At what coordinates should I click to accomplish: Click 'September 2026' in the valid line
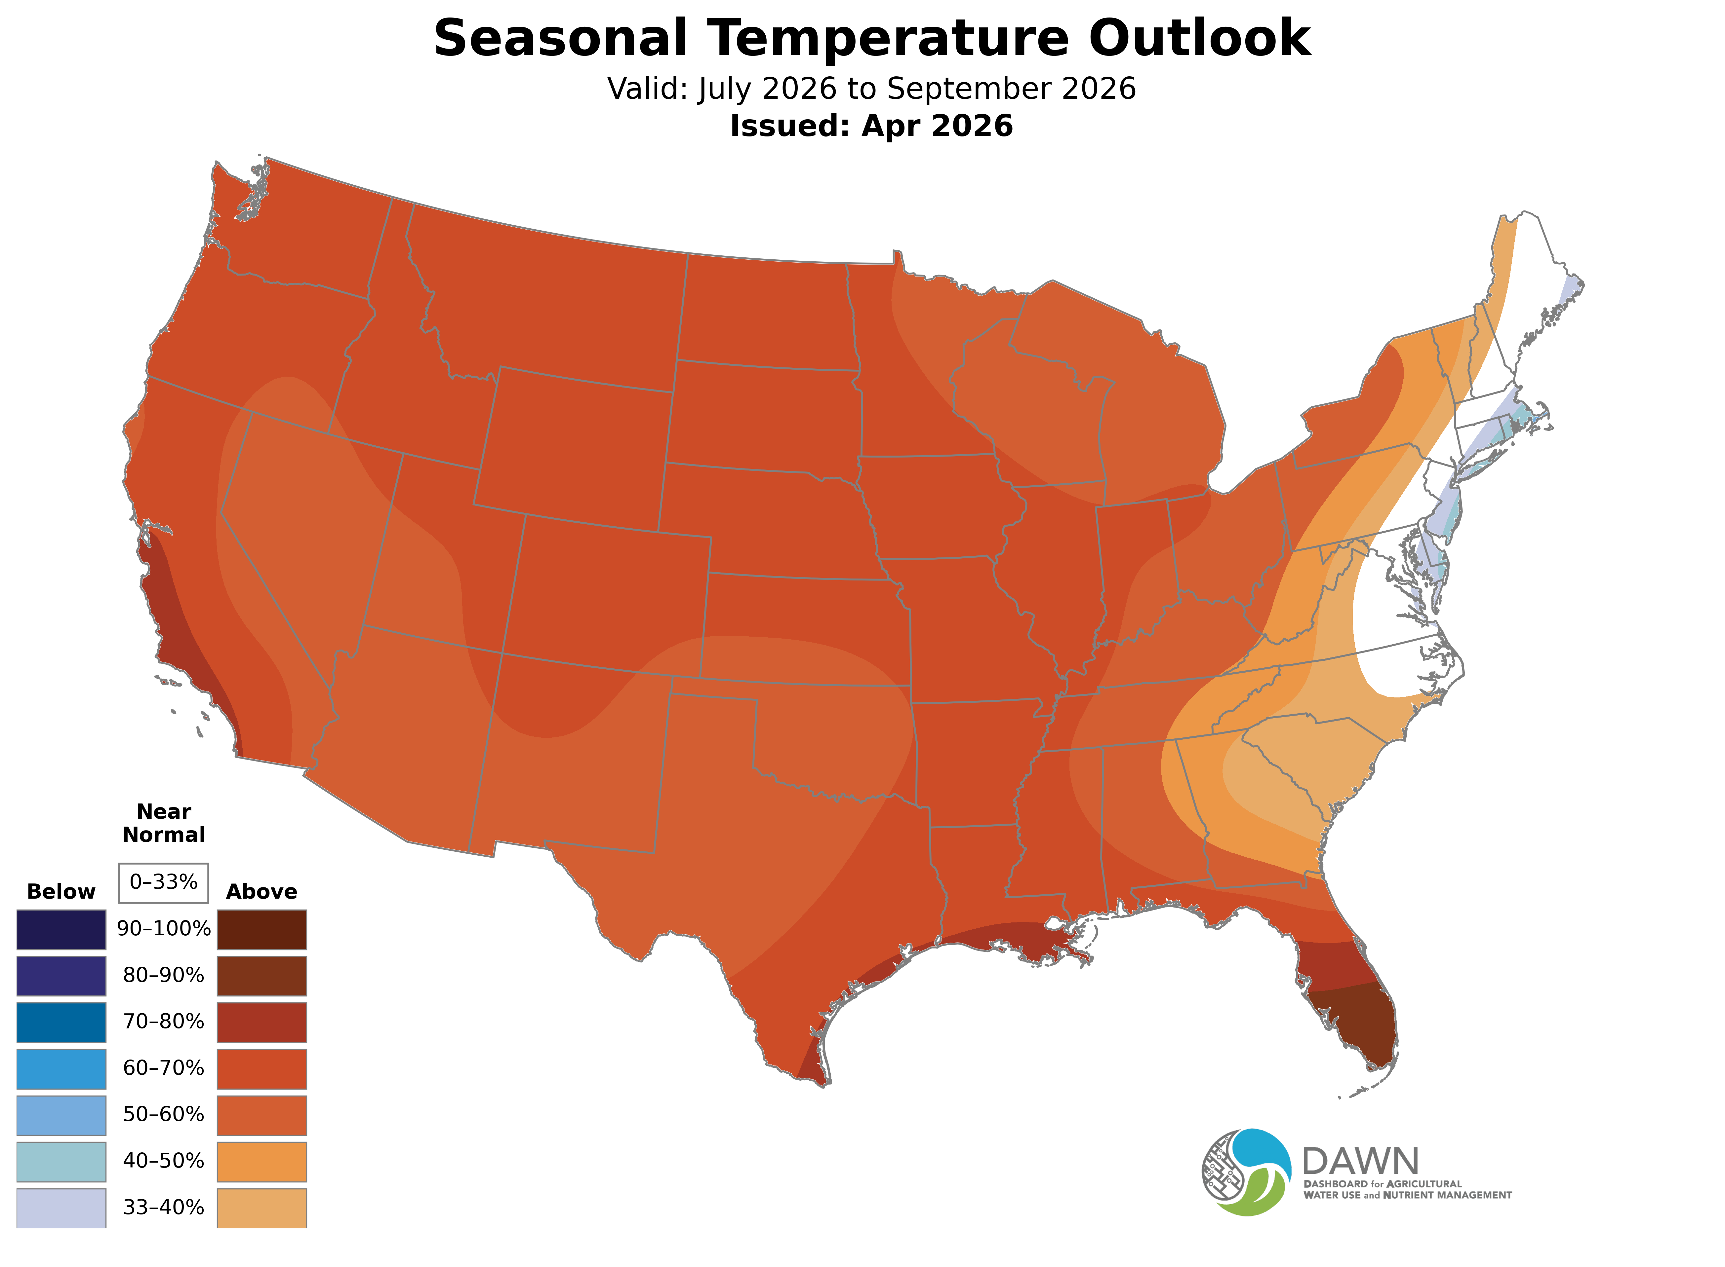(1011, 89)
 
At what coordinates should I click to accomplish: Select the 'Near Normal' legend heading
(163, 823)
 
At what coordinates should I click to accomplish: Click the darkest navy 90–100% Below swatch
(61, 930)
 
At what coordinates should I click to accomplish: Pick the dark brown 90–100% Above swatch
(262, 930)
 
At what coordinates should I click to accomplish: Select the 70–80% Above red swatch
(262, 1022)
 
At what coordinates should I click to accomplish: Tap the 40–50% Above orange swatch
(262, 1161)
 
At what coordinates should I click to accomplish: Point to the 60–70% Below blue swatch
(61, 1068)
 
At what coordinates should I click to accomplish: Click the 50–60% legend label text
(163, 1114)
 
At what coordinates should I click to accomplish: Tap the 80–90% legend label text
(163, 976)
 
